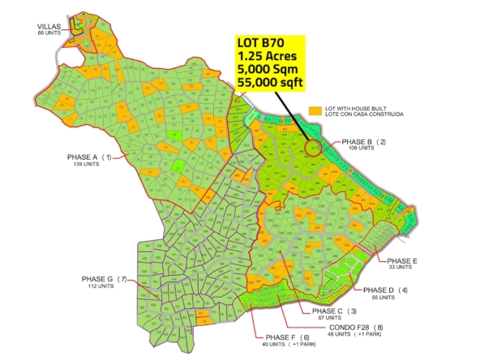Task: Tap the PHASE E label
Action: (402, 260)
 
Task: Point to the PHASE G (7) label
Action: (105, 279)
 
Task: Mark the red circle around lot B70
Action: (314, 147)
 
